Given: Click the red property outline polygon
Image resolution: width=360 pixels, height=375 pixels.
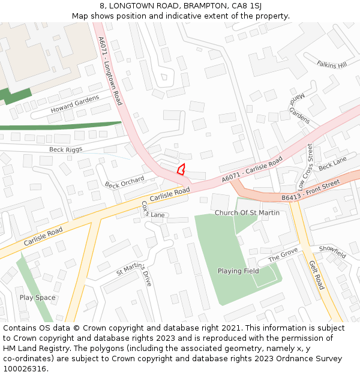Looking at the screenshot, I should click(x=181, y=169).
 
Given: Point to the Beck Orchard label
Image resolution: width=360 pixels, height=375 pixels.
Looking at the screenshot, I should click(x=125, y=181).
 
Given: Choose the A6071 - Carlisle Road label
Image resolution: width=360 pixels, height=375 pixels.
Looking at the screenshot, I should click(x=252, y=170).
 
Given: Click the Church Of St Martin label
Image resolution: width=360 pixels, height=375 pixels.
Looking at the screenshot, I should click(x=247, y=213).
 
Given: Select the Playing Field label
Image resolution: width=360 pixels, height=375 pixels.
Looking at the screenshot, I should click(x=238, y=271).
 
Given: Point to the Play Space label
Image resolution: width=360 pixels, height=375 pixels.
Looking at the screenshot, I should click(x=37, y=298).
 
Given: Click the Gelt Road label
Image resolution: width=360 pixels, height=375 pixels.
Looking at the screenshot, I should click(x=317, y=275).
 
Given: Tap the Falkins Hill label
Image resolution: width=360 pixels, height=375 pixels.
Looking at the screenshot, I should click(x=332, y=64).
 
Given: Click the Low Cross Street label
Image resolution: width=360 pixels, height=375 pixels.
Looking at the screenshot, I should click(x=305, y=166).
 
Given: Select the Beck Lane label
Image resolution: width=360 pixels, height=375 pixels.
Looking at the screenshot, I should click(x=332, y=163).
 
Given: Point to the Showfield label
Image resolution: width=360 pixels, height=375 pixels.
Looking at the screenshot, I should click(x=332, y=252).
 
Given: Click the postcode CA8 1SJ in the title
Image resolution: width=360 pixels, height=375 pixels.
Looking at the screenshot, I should click(x=247, y=5).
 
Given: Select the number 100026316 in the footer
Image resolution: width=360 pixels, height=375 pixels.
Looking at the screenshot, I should click(x=24, y=369).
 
